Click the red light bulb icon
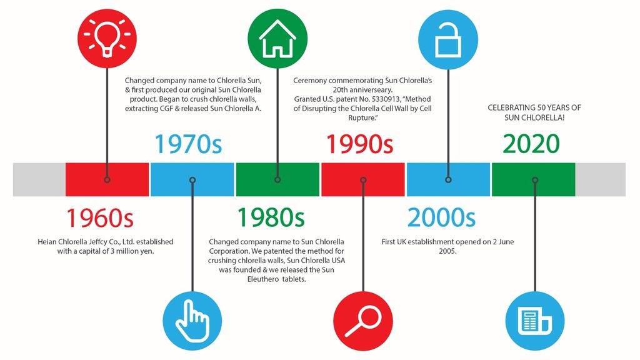[x=107, y=38]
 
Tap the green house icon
[x=277, y=38]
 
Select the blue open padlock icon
[x=448, y=39]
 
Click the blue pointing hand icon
[x=192, y=321]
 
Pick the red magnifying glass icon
[x=363, y=321]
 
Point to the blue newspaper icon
[x=535, y=321]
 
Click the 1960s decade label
[x=100, y=217]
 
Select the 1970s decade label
[x=188, y=144]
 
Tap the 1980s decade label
[x=271, y=217]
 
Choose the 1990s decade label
[x=359, y=144]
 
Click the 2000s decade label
[x=441, y=217]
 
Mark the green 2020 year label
[x=531, y=144]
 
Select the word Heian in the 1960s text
[x=47, y=242]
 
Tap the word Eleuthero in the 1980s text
[x=263, y=279]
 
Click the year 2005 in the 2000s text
[x=447, y=251]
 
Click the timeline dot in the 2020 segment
[x=535, y=180]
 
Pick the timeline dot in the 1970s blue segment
[x=192, y=180]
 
